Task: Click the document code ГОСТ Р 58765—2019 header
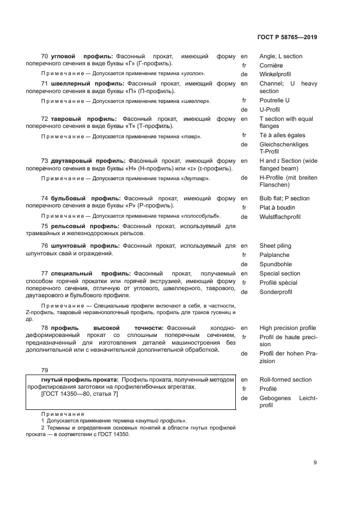[286, 38]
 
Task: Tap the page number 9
[315, 463]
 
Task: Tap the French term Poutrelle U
[274, 101]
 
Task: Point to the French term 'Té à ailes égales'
[282, 136]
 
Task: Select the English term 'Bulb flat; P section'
[284, 199]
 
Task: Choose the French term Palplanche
[274, 255]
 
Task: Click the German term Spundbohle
[275, 265]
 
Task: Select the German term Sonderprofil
[276, 292]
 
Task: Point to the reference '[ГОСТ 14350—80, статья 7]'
[79, 394]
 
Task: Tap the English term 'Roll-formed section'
[285, 380]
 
